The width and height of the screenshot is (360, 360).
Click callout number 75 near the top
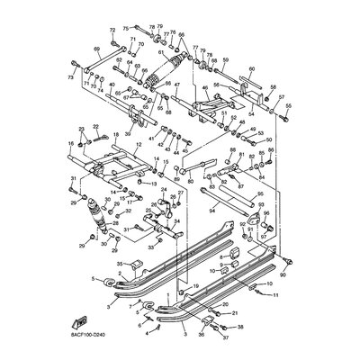[125, 28]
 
